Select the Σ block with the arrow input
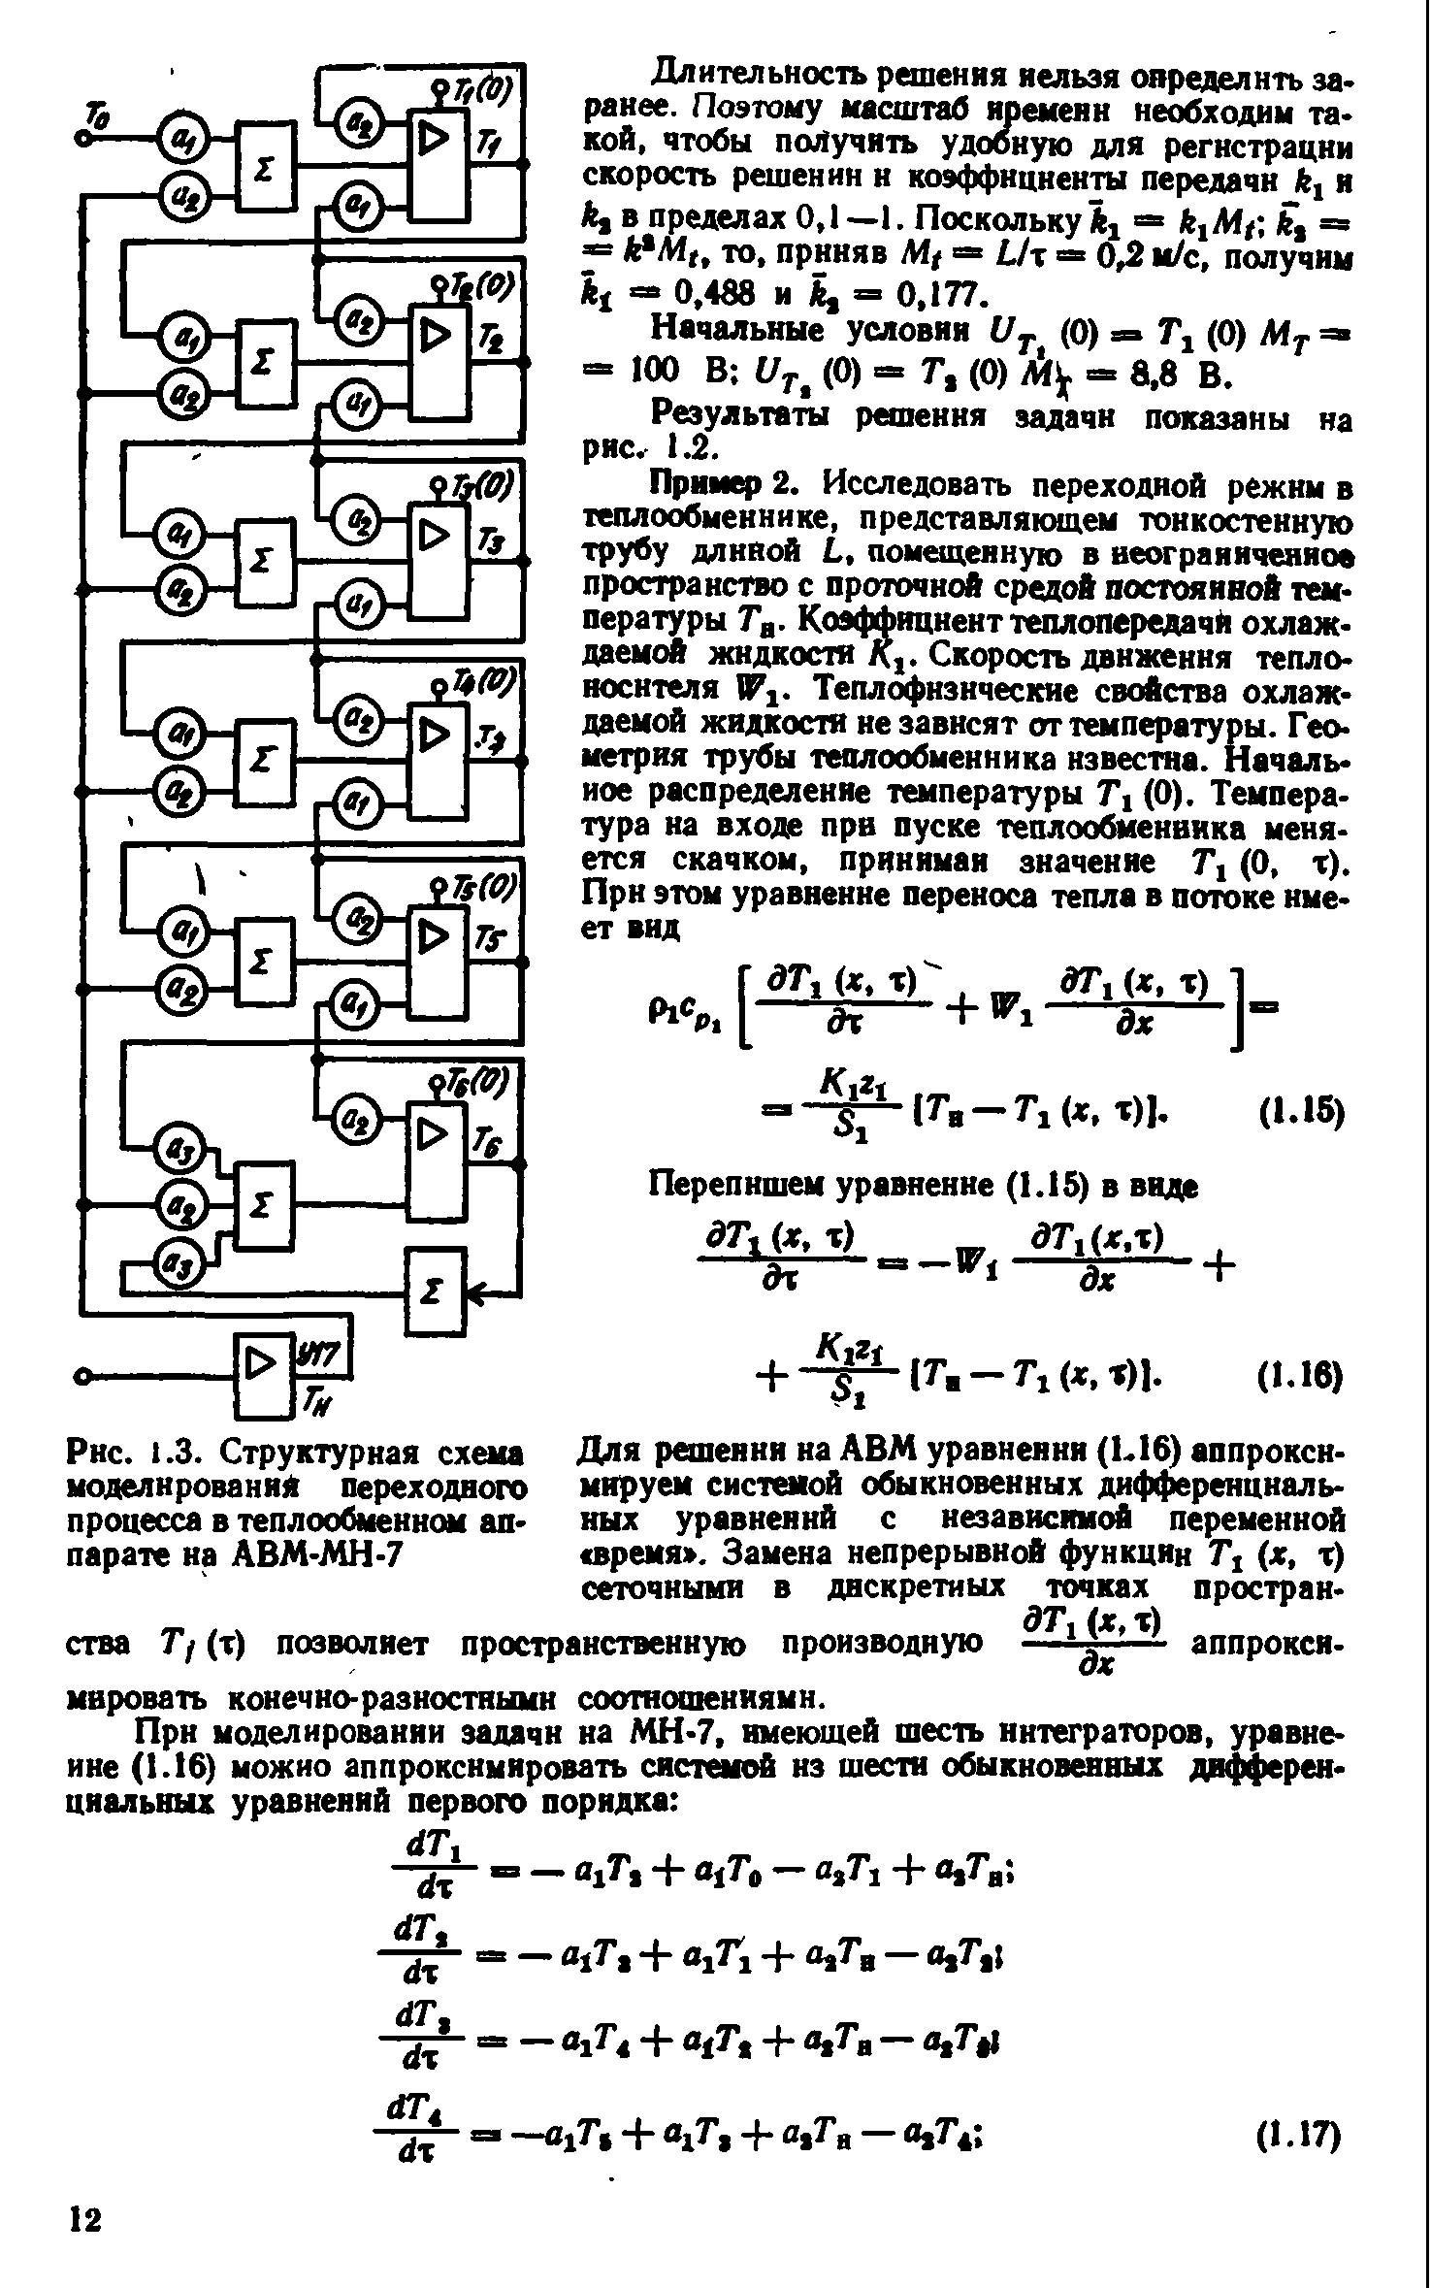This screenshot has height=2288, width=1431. coord(436,1291)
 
